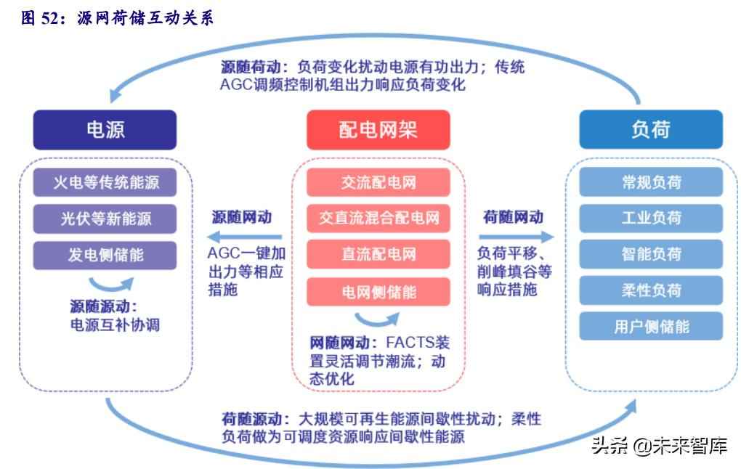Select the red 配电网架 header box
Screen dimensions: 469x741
[x=378, y=130]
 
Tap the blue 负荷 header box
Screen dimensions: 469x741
[x=651, y=130]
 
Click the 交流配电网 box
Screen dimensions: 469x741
[x=378, y=182]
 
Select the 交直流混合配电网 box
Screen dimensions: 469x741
[x=378, y=218]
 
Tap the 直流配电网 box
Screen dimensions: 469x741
[x=378, y=255]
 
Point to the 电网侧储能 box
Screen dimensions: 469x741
[x=378, y=292]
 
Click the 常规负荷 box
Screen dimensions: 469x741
[x=651, y=182]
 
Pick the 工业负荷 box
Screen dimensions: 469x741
[x=651, y=218]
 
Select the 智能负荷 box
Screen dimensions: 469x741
[x=651, y=254]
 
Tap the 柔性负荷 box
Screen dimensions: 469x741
[x=651, y=290]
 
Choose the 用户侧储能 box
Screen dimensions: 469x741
[x=651, y=326]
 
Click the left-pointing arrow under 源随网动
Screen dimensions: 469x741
[x=243, y=237]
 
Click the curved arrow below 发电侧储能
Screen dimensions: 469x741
[x=111, y=282]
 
